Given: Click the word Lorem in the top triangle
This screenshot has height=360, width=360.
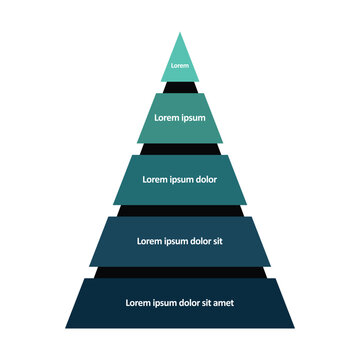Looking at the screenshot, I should click(x=180, y=66).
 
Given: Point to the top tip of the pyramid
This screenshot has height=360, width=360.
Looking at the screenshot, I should click(x=180, y=35).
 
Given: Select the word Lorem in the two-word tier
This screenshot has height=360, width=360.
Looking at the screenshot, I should click(x=167, y=118).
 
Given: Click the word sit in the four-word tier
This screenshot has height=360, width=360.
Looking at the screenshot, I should click(x=218, y=241).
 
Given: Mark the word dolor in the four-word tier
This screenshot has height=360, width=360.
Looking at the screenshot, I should click(x=197, y=241).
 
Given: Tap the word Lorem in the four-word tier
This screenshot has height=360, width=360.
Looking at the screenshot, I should click(x=148, y=241).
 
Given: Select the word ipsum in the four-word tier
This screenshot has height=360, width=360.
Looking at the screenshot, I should click(x=172, y=241).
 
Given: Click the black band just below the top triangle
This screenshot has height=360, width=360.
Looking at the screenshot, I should click(x=180, y=87).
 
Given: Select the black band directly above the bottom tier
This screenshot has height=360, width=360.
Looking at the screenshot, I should click(x=180, y=272).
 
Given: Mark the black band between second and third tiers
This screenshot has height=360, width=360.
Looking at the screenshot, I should click(x=180, y=149).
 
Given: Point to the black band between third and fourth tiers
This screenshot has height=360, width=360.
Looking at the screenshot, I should click(x=180, y=210).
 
